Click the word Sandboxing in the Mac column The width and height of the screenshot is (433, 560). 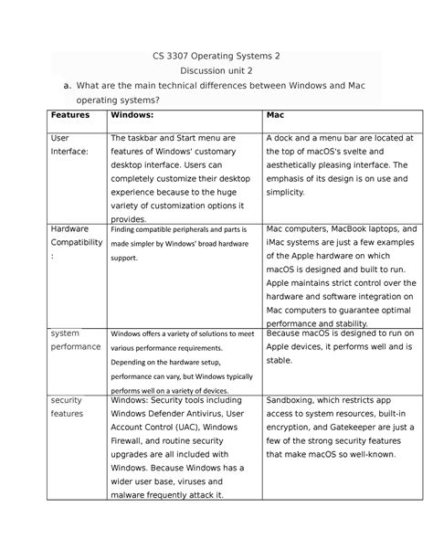coord(294,399)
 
